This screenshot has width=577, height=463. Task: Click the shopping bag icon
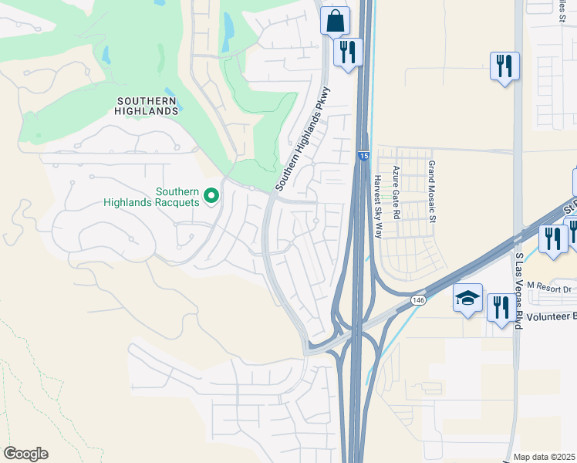336,21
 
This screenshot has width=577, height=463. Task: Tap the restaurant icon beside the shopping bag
348,52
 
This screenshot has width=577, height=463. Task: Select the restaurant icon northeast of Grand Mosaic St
504,66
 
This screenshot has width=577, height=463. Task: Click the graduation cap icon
467,298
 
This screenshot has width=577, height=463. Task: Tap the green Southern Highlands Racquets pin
212,197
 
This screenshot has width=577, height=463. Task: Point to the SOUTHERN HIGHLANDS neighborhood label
147,106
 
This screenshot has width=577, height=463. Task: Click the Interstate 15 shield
363,157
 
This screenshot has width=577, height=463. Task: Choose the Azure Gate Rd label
395,193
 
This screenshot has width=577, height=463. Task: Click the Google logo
25,454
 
